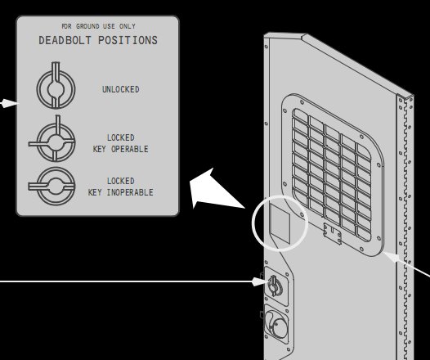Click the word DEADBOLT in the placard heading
pyautogui.click(x=65, y=40)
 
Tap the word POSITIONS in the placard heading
pyautogui.click(x=128, y=40)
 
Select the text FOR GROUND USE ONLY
pyautogui.click(x=98, y=26)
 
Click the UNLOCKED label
pyautogui.click(x=121, y=89)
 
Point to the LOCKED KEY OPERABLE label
pyautogui.click(x=121, y=143)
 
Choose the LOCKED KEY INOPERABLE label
pyautogui.click(x=121, y=187)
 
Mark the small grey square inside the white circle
pyautogui.click(x=280, y=223)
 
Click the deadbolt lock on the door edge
pyautogui.click(x=275, y=286)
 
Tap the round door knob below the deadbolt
pyautogui.click(x=277, y=326)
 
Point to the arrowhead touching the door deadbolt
pyautogui.click(x=259, y=281)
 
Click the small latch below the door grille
pyautogui.click(x=333, y=233)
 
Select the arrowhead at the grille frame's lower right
pyautogui.click(x=392, y=257)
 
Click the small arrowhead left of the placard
pyautogui.click(x=9, y=103)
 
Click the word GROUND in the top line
pyautogui.click(x=87, y=26)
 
